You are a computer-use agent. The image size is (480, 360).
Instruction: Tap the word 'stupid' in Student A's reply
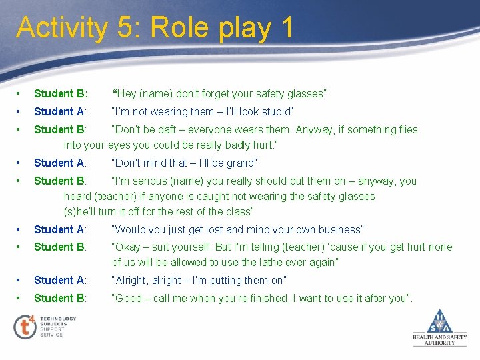tap(274, 111)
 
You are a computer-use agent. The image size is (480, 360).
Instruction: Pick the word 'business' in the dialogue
tap(338, 229)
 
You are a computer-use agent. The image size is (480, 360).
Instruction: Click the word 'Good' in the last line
tap(129, 298)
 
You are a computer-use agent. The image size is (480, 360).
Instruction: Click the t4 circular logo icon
tap(25, 327)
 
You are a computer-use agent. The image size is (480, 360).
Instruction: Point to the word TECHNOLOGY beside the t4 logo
tap(58, 319)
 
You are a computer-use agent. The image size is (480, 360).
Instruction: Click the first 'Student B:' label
tap(61, 93)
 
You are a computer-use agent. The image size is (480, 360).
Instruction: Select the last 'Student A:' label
tap(61, 280)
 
